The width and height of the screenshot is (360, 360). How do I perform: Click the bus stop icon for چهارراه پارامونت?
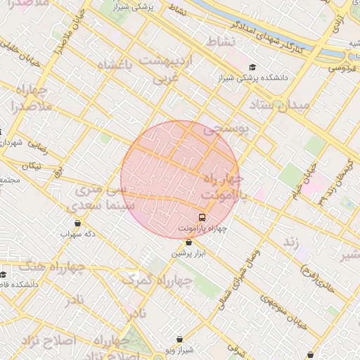(202, 217)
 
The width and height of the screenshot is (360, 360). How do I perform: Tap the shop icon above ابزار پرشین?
(188, 243)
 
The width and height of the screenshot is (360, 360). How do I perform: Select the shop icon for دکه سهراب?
(77, 223)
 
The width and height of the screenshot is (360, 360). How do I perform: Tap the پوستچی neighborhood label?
(226, 129)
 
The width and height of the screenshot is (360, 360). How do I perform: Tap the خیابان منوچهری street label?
(284, 309)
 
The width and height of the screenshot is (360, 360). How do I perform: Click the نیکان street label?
(32, 166)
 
